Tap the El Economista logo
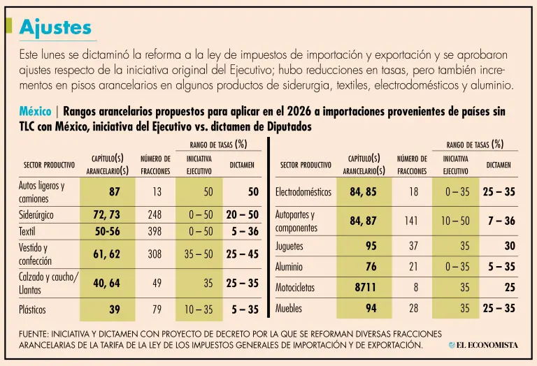[483, 345]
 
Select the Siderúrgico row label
[36, 215]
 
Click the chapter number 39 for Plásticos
[114, 308]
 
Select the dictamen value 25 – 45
[242, 254]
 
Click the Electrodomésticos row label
[307, 191]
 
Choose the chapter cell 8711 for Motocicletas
[365, 287]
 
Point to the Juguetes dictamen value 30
[509, 245]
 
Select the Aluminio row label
[289, 266]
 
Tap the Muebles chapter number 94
[371, 308]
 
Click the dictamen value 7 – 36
[501, 221]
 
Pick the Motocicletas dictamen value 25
[509, 287]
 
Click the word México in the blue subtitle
[35, 112]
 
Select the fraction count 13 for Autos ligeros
[157, 191]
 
